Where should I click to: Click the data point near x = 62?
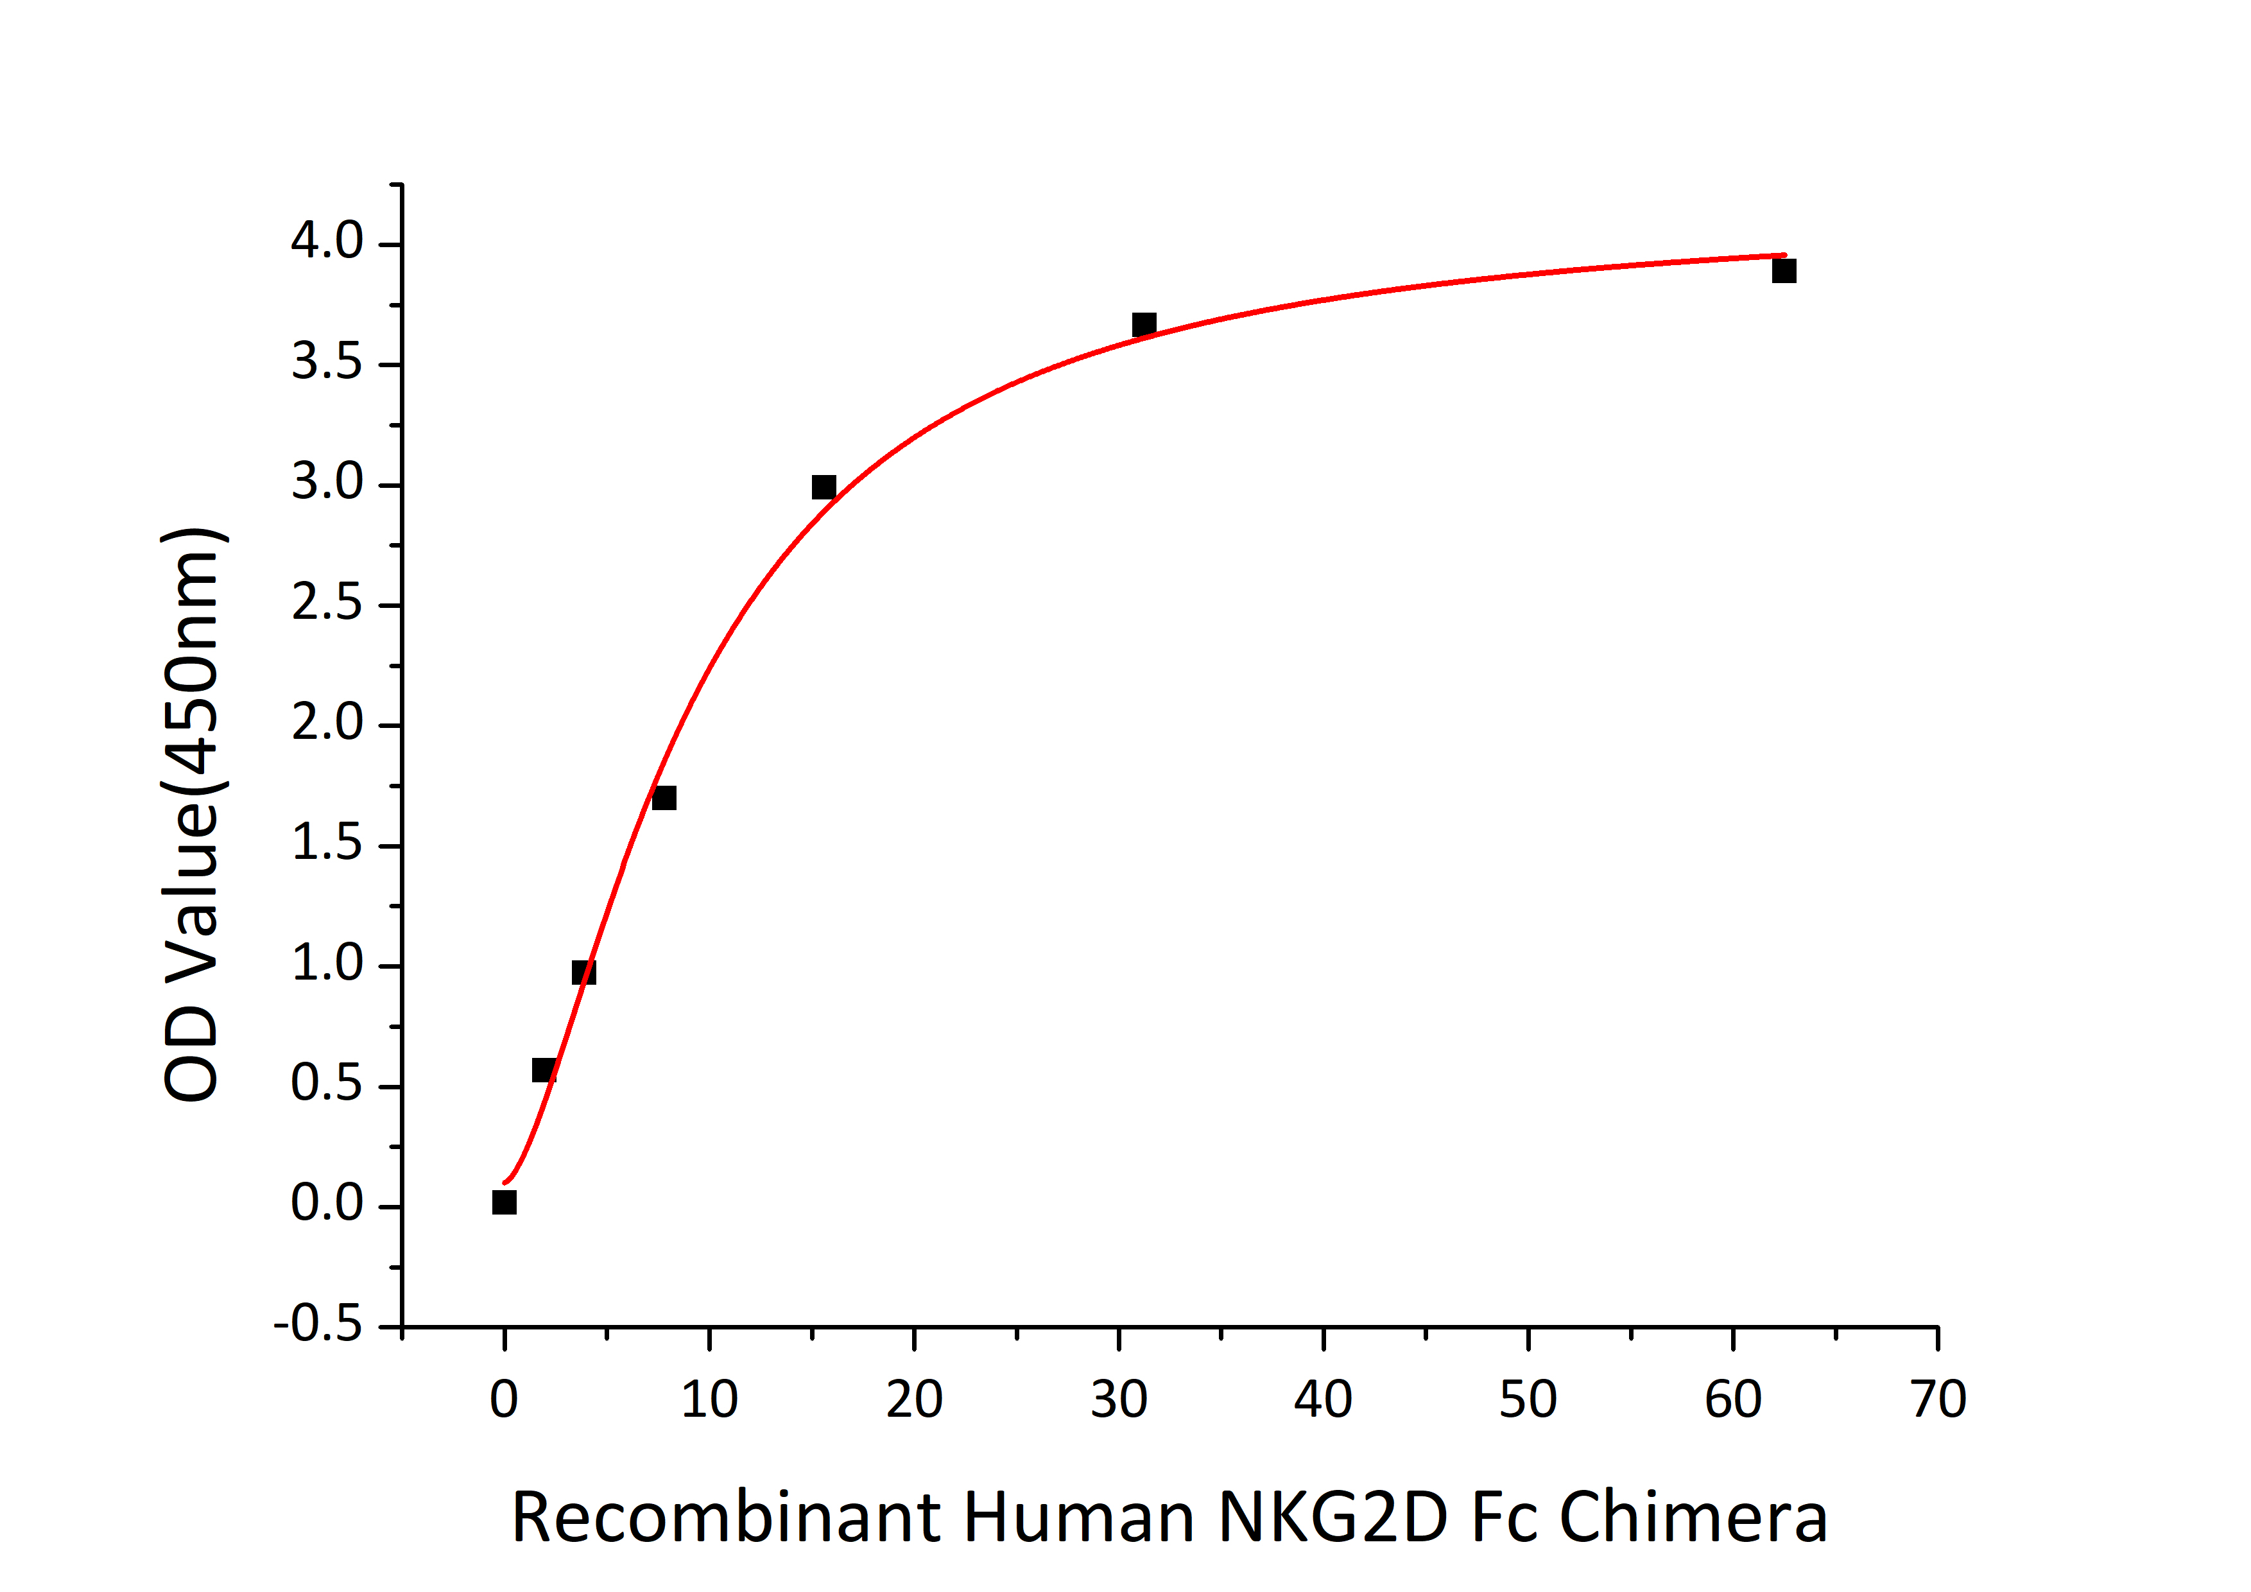click(1783, 270)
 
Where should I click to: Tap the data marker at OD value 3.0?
click(824, 487)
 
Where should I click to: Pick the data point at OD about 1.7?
click(664, 798)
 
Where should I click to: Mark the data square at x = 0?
click(504, 1202)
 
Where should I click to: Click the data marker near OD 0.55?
click(544, 1069)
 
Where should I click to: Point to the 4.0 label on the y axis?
click(327, 241)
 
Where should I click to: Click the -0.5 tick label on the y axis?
click(318, 1326)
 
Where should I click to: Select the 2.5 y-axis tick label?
click(327, 603)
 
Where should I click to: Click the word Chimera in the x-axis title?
click(1693, 1518)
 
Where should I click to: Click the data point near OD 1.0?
click(583, 973)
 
